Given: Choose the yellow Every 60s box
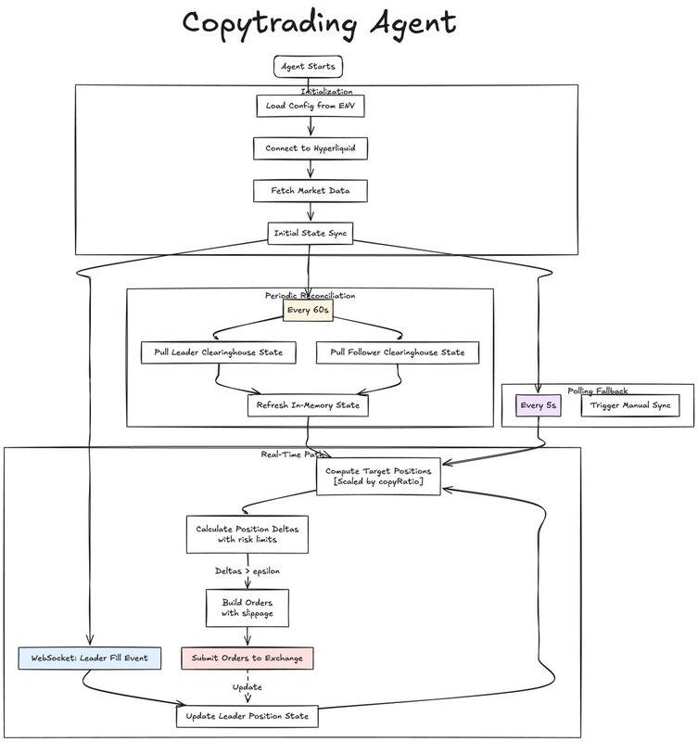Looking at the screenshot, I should [x=308, y=310].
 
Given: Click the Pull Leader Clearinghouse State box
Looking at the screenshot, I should [x=218, y=352].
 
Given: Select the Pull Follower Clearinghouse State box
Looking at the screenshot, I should [x=398, y=352].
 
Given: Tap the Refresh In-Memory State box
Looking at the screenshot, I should [x=308, y=405].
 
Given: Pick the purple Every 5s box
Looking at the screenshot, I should [x=539, y=405].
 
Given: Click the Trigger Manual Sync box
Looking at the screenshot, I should [x=629, y=405].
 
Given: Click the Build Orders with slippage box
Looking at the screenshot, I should [x=247, y=609].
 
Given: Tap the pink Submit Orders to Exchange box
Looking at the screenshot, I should [x=247, y=659].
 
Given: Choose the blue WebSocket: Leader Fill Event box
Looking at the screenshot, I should [x=89, y=659].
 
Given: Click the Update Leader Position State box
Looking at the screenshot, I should [x=247, y=716].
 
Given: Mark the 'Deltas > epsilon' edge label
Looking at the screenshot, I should [x=247, y=571].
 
